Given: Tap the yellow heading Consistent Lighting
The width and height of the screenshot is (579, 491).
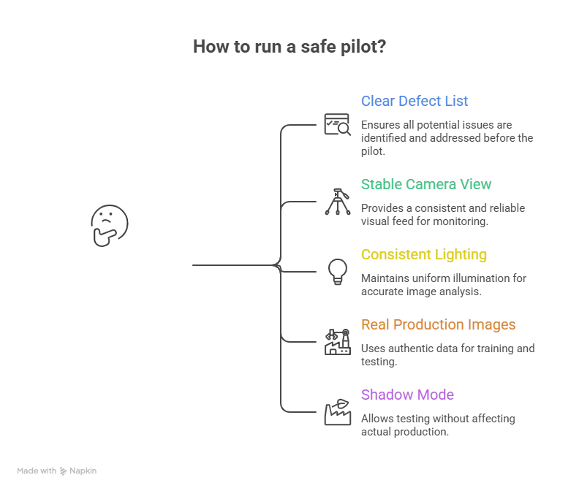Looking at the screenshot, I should pyautogui.click(x=423, y=255).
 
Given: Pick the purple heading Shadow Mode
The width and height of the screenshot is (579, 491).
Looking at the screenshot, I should pyautogui.click(x=407, y=395).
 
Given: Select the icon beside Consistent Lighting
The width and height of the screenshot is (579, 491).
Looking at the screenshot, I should pyautogui.click(x=336, y=271).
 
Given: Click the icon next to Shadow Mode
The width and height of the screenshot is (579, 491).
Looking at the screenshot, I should pyautogui.click(x=336, y=412).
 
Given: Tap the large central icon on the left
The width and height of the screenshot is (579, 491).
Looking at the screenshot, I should pyautogui.click(x=108, y=226).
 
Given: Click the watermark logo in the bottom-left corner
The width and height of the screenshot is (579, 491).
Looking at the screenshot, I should pyautogui.click(x=58, y=471).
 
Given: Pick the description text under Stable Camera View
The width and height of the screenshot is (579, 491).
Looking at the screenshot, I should pyautogui.click(x=441, y=214).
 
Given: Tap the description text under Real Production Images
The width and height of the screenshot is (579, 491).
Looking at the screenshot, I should pyautogui.click(x=446, y=354).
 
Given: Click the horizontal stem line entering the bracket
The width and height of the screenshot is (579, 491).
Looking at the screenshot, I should pyautogui.click(x=230, y=267).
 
